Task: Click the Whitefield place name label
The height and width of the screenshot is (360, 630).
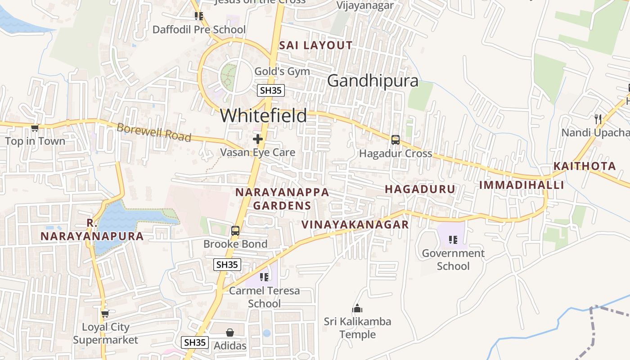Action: pos(263,116)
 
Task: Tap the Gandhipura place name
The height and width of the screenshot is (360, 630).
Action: pos(373,81)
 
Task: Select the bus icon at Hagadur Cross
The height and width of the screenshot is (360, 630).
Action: pos(396,140)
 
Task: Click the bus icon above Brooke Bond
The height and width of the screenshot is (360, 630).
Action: pos(235,231)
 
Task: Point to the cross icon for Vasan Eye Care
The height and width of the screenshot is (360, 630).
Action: pos(258,139)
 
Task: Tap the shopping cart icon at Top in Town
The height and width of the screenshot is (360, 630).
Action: pos(35,128)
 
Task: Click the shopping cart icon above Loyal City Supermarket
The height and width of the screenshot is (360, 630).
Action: pos(105,313)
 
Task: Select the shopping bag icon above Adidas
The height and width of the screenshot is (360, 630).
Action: pos(230,333)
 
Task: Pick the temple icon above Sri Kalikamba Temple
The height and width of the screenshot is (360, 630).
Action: pos(357,308)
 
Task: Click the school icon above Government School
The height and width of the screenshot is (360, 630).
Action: pos(453,239)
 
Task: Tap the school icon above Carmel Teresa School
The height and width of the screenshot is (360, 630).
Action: pos(264,277)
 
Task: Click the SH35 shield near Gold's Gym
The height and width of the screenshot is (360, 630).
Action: pos(271,90)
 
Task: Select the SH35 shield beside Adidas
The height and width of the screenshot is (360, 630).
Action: pos(195,342)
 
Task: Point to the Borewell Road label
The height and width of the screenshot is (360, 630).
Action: pos(154,132)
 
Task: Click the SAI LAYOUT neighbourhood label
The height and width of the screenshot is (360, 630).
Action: pos(316,45)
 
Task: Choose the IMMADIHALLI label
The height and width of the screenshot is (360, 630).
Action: pos(522,185)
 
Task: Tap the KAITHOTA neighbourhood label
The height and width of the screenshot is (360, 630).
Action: pos(585,166)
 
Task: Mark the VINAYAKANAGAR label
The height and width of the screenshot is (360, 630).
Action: pos(355,224)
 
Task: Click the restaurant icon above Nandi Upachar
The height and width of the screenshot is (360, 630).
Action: pos(598,119)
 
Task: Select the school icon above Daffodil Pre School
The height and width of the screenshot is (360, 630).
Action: pos(199,16)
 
